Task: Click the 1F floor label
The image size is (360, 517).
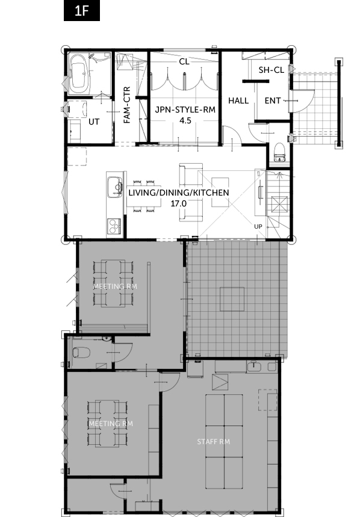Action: point(82,11)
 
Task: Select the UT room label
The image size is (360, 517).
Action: point(94,122)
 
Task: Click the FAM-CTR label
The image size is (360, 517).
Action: point(127,105)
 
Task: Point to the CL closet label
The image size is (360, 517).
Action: point(184,61)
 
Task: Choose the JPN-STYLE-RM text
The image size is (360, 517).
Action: point(185,110)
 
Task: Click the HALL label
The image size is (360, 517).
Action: point(238,101)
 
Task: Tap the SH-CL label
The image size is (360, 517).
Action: point(272,70)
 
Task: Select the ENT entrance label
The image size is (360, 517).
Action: point(273,101)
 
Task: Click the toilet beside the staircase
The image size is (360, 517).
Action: point(279,152)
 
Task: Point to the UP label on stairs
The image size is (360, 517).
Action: point(258,226)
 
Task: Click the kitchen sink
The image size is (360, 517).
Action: point(114,187)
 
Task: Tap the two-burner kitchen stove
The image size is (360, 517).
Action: point(114,226)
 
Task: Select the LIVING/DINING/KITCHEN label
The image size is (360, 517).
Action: point(179,193)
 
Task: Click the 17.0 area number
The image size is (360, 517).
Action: point(178,204)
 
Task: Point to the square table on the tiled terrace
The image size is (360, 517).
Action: point(232,299)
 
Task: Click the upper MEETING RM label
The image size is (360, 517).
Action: point(115,286)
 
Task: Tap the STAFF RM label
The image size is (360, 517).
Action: point(214,442)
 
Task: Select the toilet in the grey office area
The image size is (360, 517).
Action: point(81,353)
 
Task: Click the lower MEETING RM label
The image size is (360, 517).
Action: point(111,424)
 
